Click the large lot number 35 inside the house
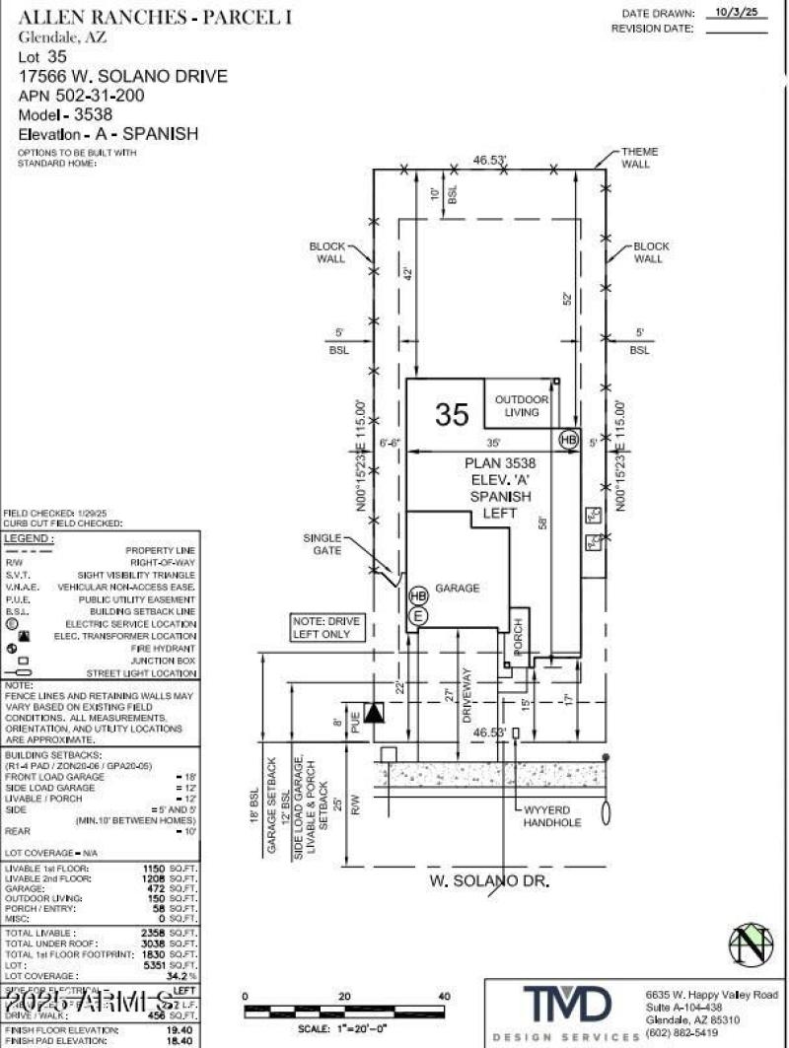point(452,415)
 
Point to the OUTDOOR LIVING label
point(522,405)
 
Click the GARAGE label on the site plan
point(458,589)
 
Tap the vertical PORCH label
point(518,637)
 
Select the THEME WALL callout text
point(639,158)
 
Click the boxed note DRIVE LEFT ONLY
point(327,628)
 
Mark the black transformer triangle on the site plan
point(374,712)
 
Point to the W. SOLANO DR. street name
point(486,877)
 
